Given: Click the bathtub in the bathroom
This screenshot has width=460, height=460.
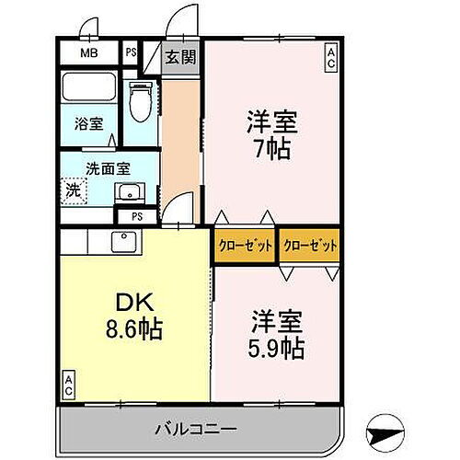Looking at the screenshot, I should pyautogui.click(x=88, y=89).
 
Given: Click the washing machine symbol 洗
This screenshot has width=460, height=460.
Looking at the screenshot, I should pyautogui.click(x=72, y=190).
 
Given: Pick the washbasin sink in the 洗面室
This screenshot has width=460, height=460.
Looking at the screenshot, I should pyautogui.click(x=129, y=192).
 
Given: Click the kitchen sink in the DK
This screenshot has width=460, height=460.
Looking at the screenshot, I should pyautogui.click(x=121, y=241).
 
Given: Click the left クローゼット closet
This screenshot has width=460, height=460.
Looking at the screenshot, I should pyautogui.click(x=244, y=246).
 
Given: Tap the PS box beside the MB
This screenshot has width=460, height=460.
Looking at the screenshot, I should pyautogui.click(x=132, y=52).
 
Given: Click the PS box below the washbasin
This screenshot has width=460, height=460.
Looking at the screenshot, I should pyautogui.click(x=137, y=217).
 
